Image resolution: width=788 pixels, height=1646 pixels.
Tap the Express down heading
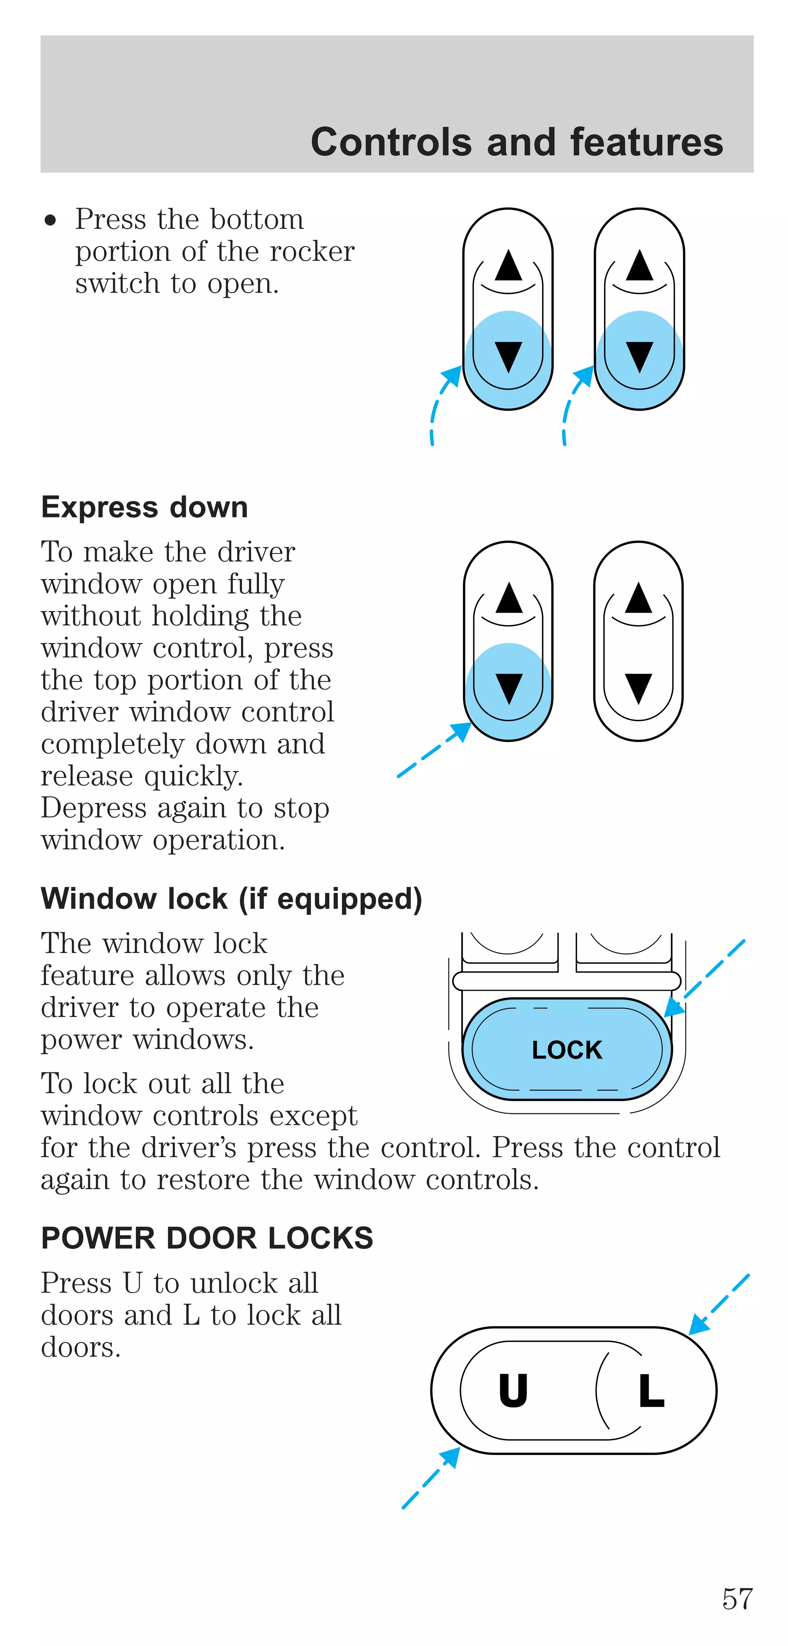pos(144,507)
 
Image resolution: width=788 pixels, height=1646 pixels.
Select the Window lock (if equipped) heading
pos(231,899)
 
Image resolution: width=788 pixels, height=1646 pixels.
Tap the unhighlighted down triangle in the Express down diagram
pos(638,688)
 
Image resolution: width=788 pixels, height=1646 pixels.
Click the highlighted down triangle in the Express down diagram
pos(509,688)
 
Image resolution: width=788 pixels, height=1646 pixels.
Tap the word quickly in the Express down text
pos(194,776)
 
